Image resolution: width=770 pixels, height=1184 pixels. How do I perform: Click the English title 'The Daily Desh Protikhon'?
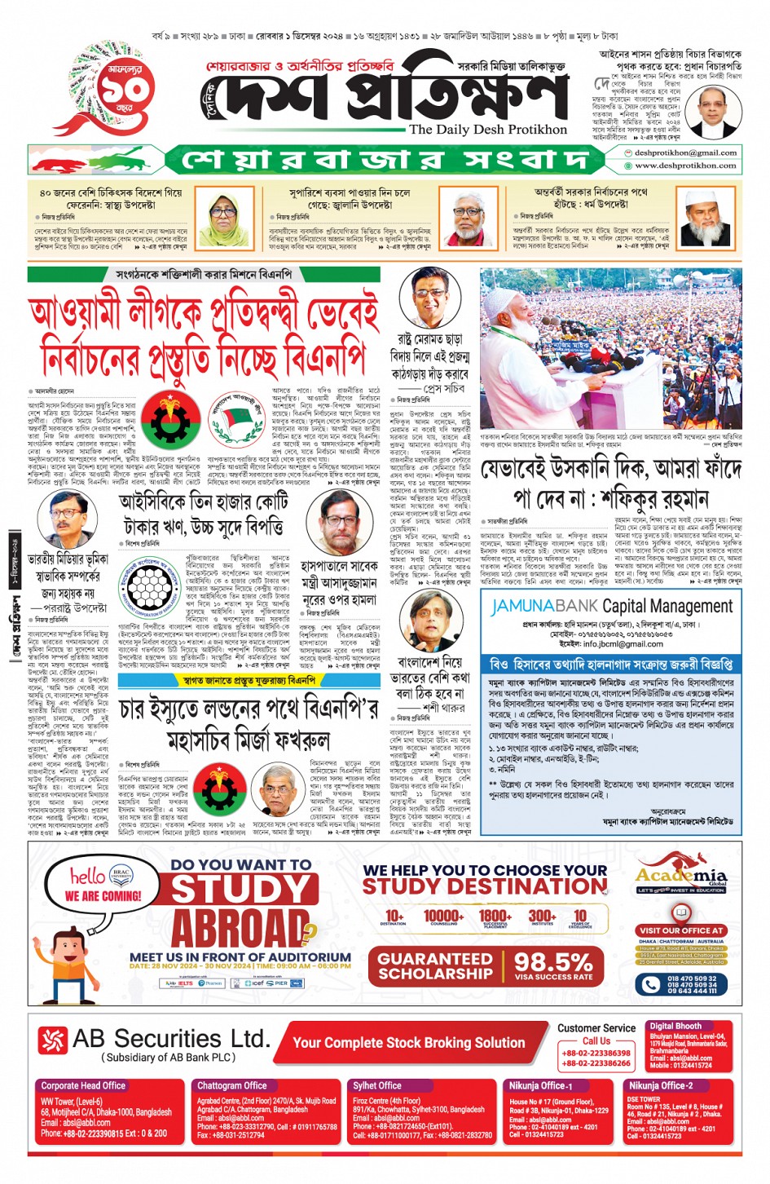tap(487, 129)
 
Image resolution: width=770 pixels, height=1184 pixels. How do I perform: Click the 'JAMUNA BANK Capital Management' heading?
tap(611, 606)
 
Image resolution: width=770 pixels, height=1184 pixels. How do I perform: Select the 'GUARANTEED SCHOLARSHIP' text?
tap(435, 966)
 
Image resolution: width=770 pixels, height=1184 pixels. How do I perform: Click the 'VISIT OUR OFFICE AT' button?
tap(681, 930)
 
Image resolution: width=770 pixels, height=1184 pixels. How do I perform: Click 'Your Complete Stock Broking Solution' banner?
tap(408, 1042)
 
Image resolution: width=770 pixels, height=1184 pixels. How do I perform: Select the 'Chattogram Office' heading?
tap(231, 1085)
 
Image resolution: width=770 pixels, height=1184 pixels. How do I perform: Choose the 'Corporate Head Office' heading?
tap(83, 1085)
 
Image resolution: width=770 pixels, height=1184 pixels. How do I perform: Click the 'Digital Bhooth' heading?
tap(675, 1026)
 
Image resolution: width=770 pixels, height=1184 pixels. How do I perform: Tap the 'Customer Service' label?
tap(596, 1028)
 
